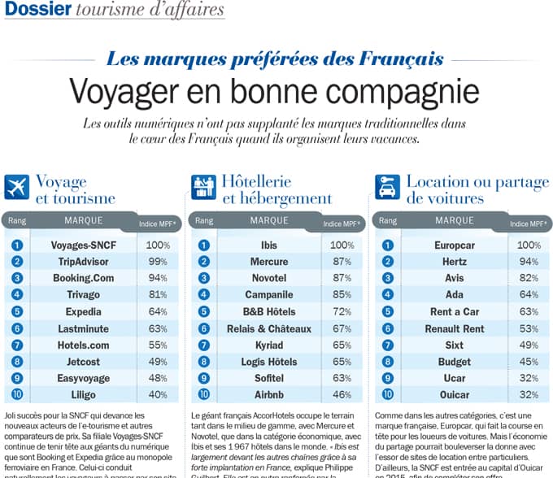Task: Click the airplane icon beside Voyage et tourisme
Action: (16, 187)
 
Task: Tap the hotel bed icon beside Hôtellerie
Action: (202, 187)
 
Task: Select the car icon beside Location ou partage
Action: (387, 187)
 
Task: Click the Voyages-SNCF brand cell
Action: (85, 245)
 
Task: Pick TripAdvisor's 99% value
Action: (157, 261)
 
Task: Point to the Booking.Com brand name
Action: (85, 278)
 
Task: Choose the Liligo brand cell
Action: (85, 395)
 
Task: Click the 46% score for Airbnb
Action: (342, 395)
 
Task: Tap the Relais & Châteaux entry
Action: (269, 328)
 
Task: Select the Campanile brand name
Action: (269, 294)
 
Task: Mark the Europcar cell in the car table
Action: (455, 245)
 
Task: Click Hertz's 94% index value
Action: (529, 261)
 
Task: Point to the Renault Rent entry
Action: (455, 328)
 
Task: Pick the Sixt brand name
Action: (455, 345)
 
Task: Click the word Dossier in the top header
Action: (35, 10)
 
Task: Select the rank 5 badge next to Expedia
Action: (17, 311)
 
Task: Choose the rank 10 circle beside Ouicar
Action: (387, 395)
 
